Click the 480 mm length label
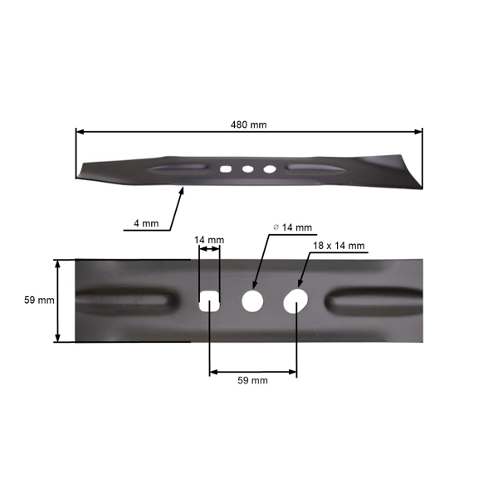(248, 124)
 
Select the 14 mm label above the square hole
(209, 241)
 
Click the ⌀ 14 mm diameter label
(292, 227)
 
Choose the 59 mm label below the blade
(252, 380)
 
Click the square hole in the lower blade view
(210, 300)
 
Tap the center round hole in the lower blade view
(251, 300)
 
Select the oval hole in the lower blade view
(295, 301)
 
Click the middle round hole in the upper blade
(247, 168)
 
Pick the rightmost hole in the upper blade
(269, 168)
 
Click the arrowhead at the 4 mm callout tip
(181, 190)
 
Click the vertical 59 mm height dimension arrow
(57, 300)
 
